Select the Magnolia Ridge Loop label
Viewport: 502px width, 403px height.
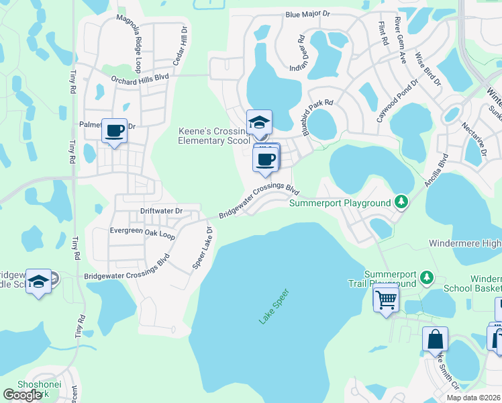pos(129,45)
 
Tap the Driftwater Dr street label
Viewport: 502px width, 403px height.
pos(161,211)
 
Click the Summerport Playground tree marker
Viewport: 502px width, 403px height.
pos(401,201)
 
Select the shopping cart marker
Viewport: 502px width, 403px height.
pos(387,300)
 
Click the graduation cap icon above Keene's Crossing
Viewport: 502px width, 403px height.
pos(259,122)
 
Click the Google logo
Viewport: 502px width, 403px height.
pos(22,395)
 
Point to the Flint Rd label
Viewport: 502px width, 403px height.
pos(384,32)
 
